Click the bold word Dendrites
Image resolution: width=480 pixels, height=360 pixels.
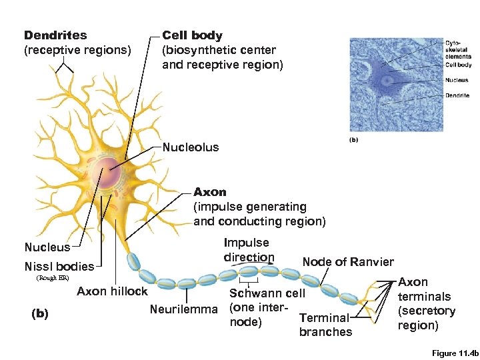(x=55, y=35)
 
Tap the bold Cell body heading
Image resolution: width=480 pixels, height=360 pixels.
(x=193, y=35)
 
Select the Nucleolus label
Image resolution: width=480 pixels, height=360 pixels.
(x=191, y=147)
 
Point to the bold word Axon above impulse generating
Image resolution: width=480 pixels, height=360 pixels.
(x=210, y=193)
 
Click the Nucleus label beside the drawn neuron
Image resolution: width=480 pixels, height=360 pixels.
(x=47, y=247)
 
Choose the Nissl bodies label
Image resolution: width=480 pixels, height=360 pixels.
(x=59, y=267)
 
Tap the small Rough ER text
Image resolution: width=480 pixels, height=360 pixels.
(x=52, y=278)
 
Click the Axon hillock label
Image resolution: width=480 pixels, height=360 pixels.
(x=112, y=291)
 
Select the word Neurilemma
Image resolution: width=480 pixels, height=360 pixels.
(x=183, y=309)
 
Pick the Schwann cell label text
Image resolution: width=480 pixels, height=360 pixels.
(x=267, y=293)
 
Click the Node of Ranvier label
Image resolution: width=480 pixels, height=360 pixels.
(x=348, y=262)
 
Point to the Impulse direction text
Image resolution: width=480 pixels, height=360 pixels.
(x=248, y=250)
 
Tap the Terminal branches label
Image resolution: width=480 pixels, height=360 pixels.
(x=325, y=325)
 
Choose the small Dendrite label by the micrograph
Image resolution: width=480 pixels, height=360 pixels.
(x=457, y=95)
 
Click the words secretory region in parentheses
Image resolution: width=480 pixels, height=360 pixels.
(x=426, y=318)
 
